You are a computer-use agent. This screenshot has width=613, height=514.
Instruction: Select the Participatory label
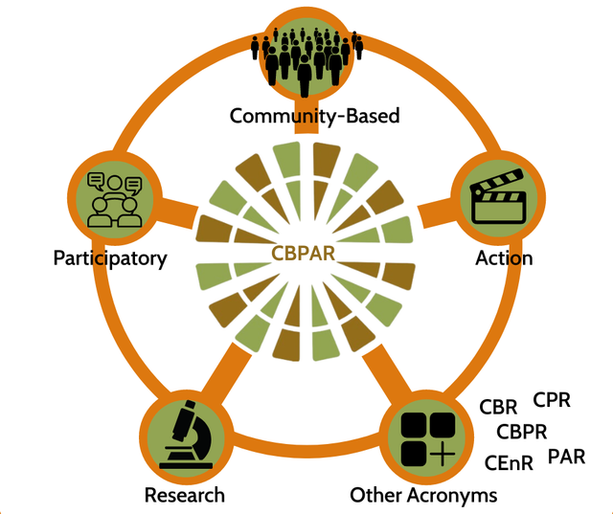pyautogui.click(x=110, y=258)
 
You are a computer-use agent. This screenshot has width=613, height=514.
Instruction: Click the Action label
pyautogui.click(x=504, y=258)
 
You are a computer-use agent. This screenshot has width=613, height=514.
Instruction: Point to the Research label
pyautogui.click(x=185, y=495)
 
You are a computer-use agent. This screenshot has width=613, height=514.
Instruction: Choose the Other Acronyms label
pyautogui.click(x=423, y=495)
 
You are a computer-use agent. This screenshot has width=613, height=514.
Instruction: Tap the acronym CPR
pyautogui.click(x=552, y=399)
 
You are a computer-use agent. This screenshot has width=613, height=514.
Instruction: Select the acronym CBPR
pyautogui.click(x=521, y=432)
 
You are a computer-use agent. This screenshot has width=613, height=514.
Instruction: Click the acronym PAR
pyautogui.click(x=566, y=456)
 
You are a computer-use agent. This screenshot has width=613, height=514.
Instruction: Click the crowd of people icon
pyautogui.click(x=307, y=57)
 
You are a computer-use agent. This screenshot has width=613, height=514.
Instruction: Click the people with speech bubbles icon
pyautogui.click(x=114, y=199)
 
